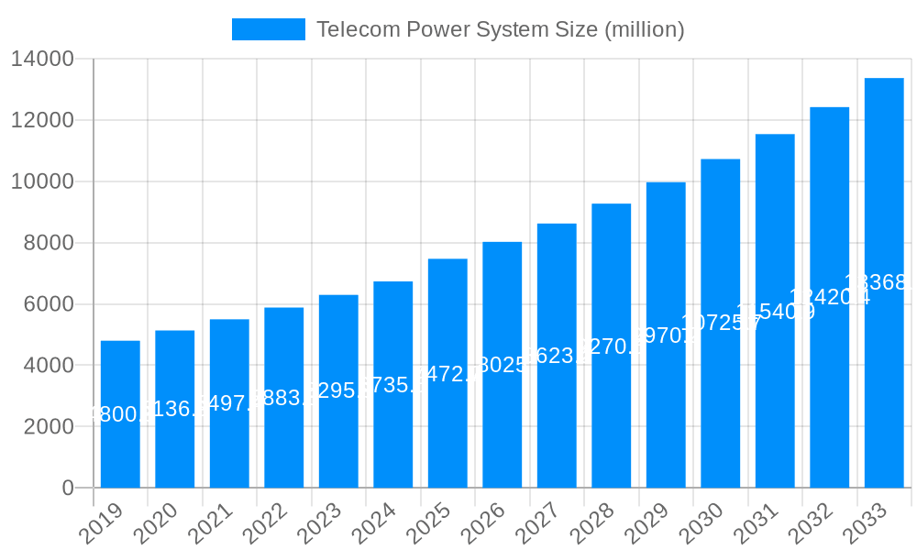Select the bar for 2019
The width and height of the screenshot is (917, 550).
[x=120, y=414]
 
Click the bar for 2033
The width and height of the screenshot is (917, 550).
[x=884, y=283]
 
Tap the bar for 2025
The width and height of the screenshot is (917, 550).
[x=447, y=373]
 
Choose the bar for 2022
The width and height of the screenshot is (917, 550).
[x=284, y=398]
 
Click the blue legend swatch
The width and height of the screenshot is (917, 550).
[x=268, y=29]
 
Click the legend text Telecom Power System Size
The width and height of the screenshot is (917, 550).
[x=500, y=29]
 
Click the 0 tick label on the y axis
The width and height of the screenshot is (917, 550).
[x=68, y=489]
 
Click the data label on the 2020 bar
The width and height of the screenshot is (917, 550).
[x=175, y=409]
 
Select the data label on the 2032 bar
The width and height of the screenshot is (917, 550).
[x=830, y=297]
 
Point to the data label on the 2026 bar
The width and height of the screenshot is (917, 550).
[x=503, y=365]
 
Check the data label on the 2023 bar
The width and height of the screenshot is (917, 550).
[x=338, y=390]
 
